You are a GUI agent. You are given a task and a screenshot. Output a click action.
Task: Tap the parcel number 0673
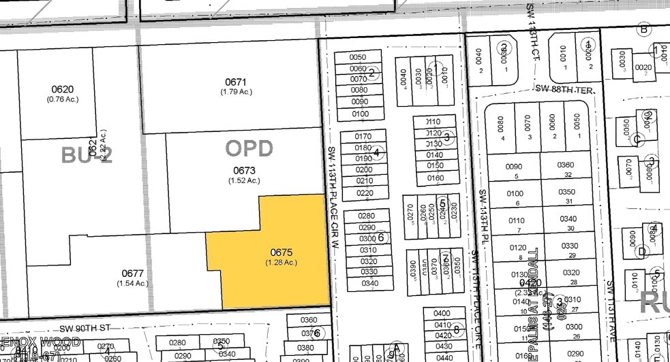244,170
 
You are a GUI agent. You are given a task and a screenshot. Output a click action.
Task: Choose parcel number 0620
62,89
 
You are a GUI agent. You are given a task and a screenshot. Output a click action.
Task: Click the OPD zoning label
249,148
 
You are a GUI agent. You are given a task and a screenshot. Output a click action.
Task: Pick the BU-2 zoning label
86,156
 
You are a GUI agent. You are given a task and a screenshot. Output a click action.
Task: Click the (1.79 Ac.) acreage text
237,92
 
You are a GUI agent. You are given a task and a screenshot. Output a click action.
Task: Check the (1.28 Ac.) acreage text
281,262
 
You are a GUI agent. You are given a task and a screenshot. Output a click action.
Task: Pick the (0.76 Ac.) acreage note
62,99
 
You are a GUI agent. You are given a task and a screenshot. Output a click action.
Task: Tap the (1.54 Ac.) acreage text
132,283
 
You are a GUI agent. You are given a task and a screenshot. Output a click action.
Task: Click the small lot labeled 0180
363,148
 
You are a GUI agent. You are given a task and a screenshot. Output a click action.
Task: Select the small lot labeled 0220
365,192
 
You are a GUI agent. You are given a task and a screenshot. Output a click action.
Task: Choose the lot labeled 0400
442,314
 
